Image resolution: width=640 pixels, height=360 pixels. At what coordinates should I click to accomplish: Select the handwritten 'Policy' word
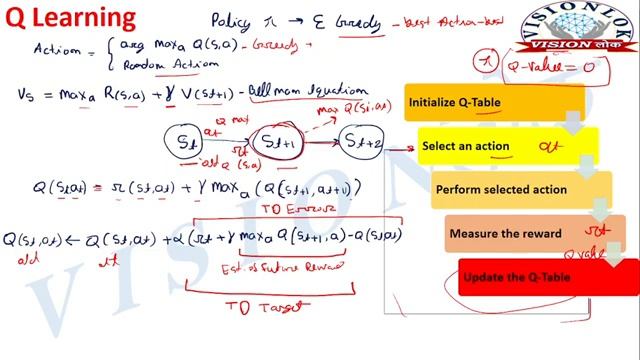coord(236,20)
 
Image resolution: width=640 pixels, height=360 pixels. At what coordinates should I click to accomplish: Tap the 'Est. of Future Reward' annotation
coord(279,268)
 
